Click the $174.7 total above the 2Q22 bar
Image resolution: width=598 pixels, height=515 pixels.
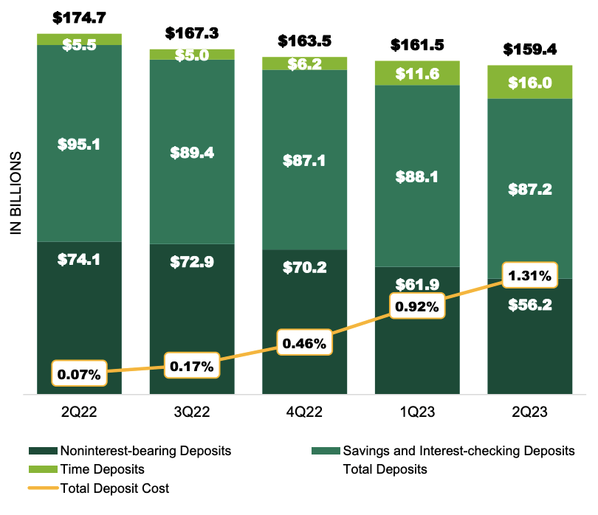point(80,16)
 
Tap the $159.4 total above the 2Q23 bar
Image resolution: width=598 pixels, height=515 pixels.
point(530,50)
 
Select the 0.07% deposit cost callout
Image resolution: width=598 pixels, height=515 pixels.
point(80,373)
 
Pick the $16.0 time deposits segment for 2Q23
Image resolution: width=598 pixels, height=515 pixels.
point(530,83)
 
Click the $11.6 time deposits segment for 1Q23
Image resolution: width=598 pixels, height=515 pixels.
point(417,74)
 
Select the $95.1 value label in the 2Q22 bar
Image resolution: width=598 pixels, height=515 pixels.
point(80,143)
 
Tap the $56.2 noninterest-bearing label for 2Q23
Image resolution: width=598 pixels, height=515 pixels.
point(530,305)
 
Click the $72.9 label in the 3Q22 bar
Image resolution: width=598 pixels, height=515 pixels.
point(192,261)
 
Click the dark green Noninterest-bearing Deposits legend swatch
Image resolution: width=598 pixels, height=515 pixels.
point(42,450)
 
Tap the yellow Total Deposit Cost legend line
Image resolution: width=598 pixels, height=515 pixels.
point(42,488)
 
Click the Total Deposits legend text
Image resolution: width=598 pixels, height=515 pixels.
point(385,469)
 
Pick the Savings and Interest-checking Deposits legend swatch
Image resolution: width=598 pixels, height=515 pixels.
point(326,450)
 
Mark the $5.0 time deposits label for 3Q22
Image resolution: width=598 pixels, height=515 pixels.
point(192,55)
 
